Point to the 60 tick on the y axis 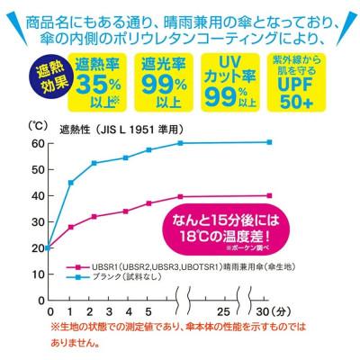[36, 144]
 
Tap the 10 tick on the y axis [36, 274]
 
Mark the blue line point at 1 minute [72, 183]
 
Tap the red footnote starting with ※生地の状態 [180, 334]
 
